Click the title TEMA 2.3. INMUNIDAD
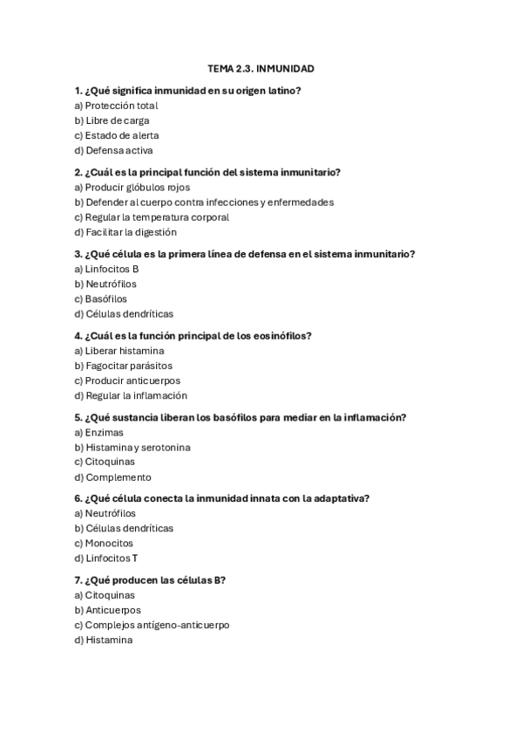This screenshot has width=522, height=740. pos(261,68)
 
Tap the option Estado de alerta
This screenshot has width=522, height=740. pos(117,135)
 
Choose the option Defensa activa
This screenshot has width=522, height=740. pos(113,150)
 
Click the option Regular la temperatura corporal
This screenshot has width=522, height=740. pos(152,216)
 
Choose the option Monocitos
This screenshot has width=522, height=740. pos(109,543)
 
